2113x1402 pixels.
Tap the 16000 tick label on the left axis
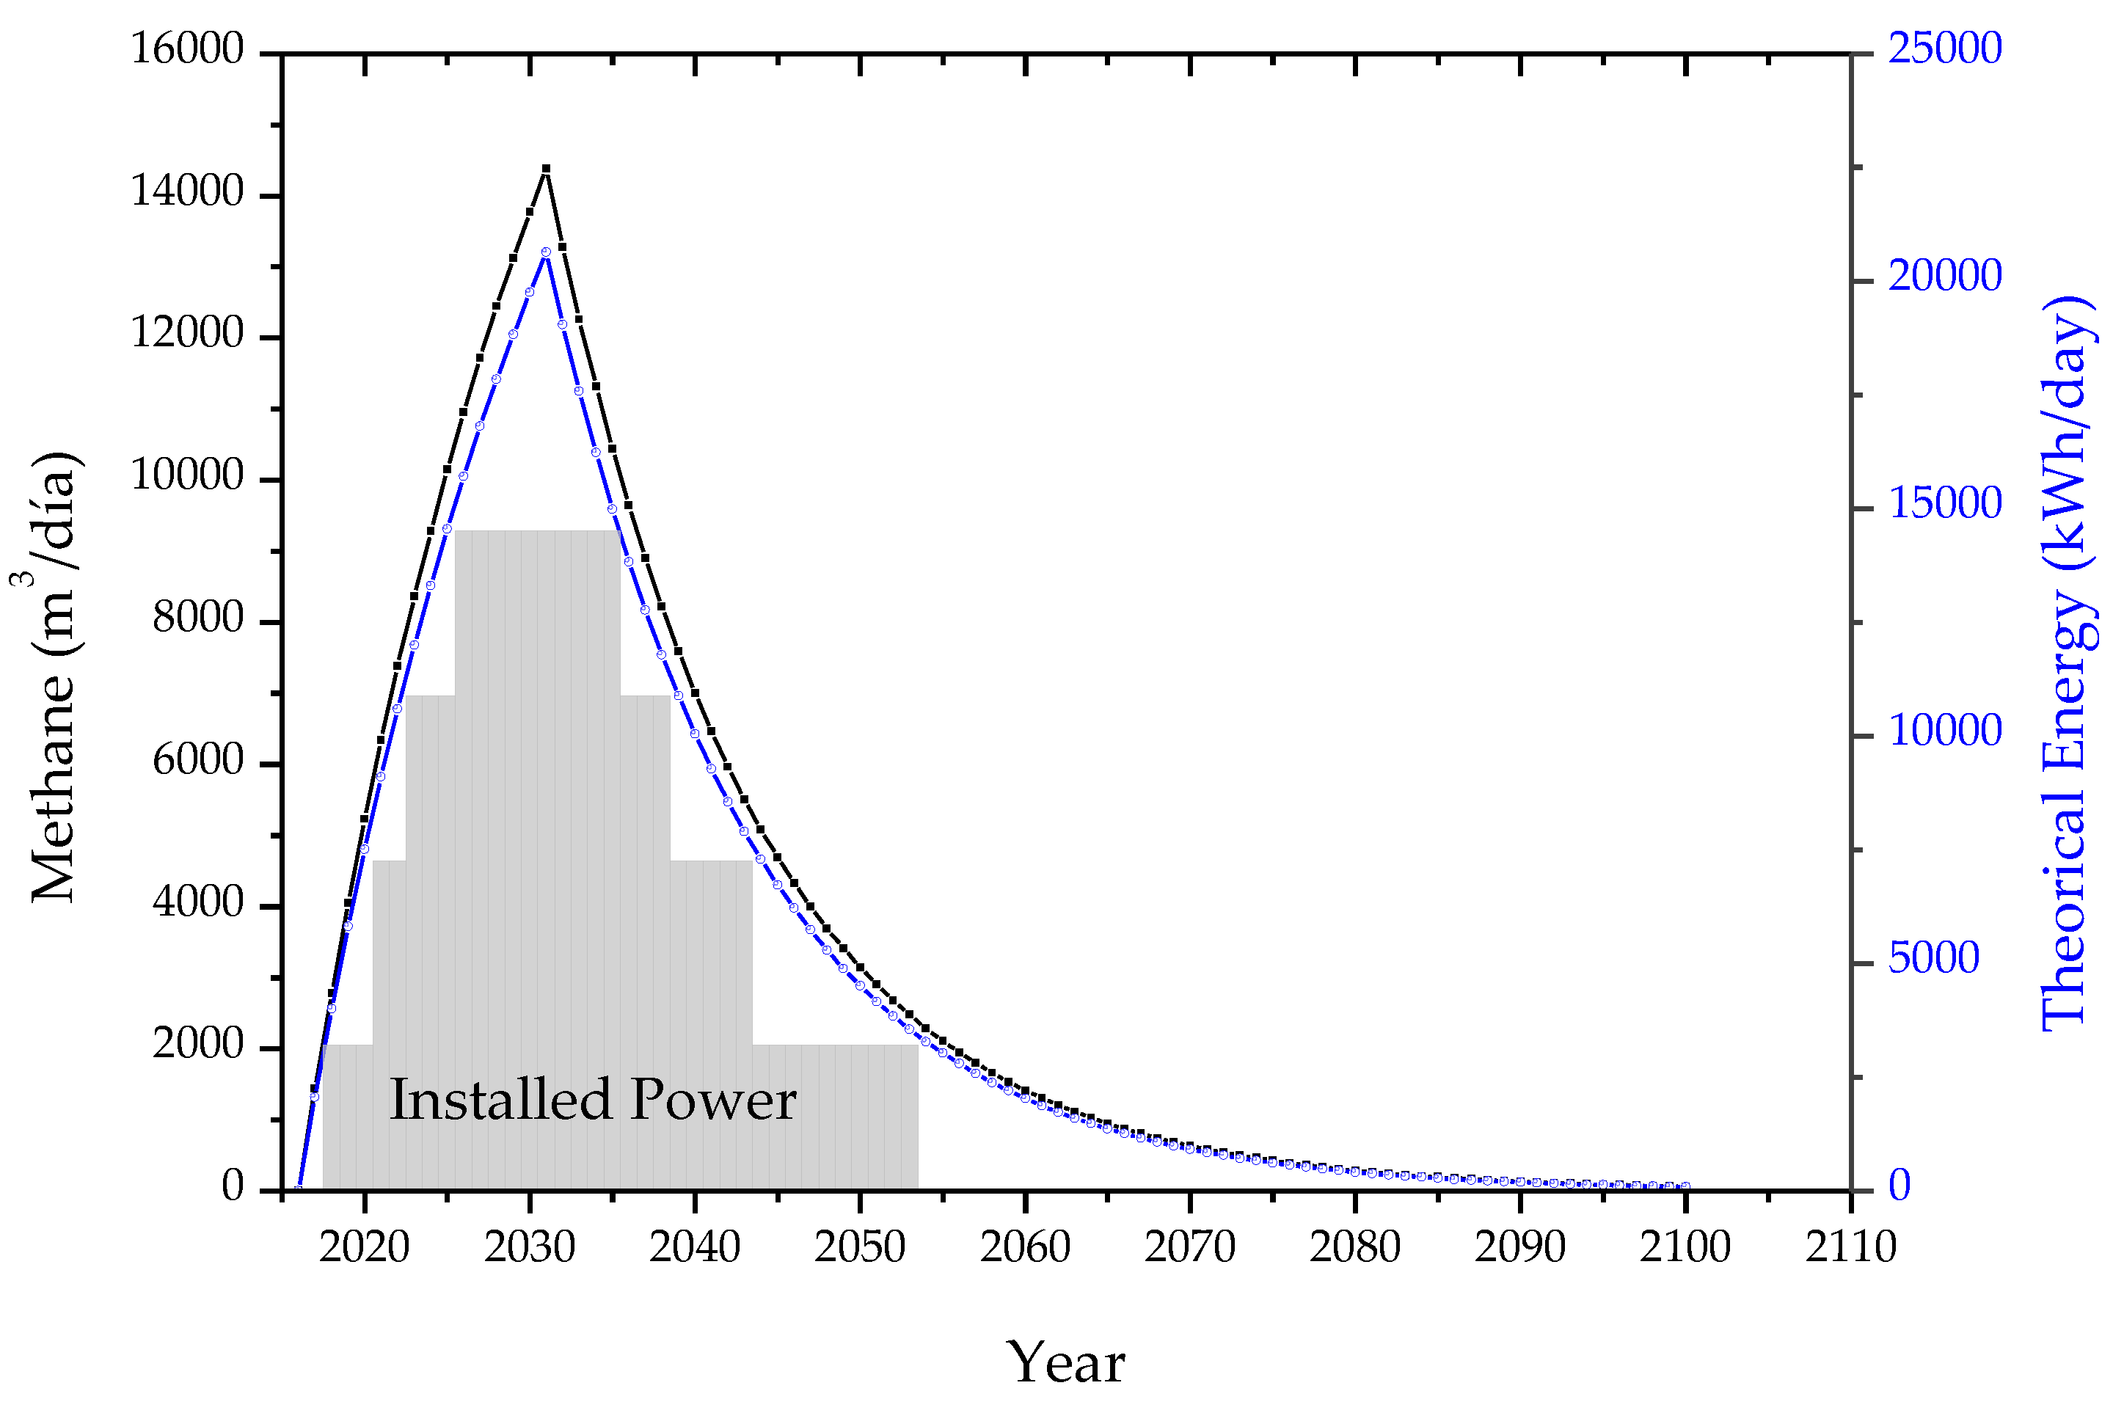(187, 48)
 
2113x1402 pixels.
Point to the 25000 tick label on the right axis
(1945, 48)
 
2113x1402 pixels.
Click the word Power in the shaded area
(712, 1100)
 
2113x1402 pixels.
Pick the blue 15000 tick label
(1945, 504)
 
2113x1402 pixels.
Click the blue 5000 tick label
(1933, 958)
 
